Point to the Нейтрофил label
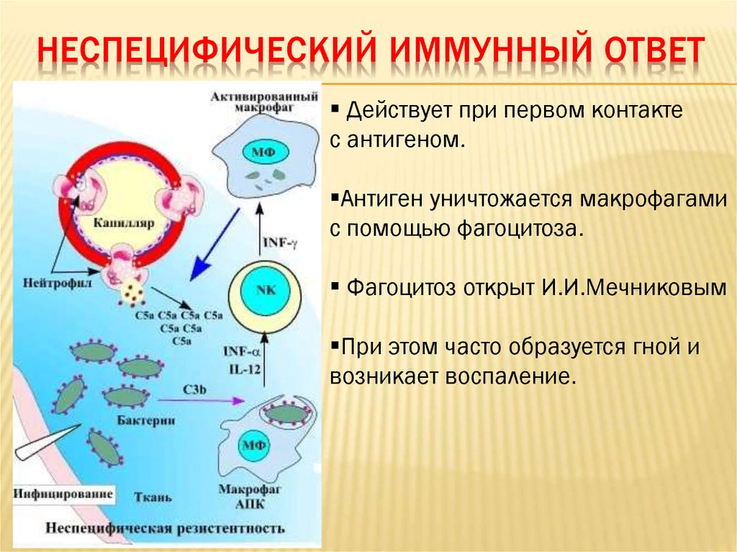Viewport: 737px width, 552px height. tap(58, 283)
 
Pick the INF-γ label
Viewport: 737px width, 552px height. tap(281, 243)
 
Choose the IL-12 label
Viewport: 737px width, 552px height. tap(245, 369)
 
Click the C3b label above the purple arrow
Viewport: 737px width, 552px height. tap(194, 389)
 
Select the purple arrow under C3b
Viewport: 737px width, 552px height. tap(202, 400)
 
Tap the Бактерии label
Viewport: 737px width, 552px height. tap(145, 420)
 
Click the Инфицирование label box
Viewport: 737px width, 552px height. tap(63, 494)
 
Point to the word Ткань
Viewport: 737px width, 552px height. tap(153, 497)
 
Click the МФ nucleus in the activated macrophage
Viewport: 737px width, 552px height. tap(263, 152)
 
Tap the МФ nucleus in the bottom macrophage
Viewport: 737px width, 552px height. tap(253, 444)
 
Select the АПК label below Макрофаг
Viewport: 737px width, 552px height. tap(250, 504)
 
